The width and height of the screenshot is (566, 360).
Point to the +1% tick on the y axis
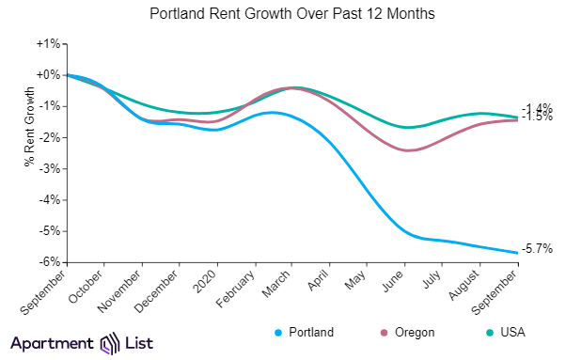48,44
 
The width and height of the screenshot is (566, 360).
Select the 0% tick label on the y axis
49,75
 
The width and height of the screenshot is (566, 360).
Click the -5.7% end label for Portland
538,247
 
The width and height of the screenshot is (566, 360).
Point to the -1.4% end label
537,108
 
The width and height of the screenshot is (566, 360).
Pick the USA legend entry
511,333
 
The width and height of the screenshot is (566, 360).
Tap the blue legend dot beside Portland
278,333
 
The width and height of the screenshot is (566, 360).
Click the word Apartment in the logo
52,343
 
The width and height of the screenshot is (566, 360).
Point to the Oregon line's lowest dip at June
407,150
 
